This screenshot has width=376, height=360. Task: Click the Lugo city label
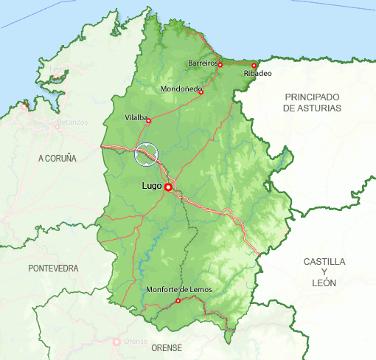pyautogui.click(x=152, y=187)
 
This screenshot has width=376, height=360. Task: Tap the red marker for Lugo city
pyautogui.click(x=168, y=187)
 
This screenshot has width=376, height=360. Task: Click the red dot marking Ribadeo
pyautogui.click(x=254, y=66)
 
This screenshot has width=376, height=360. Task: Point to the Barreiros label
pyautogui.click(x=203, y=64)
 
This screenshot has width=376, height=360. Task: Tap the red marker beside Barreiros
pyautogui.click(x=220, y=65)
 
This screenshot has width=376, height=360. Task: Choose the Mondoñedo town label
pyautogui.click(x=181, y=90)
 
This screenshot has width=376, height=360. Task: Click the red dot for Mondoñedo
pyautogui.click(x=201, y=92)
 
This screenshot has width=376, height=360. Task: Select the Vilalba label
pyautogui.click(x=136, y=117)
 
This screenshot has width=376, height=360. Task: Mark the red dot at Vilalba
pyautogui.click(x=149, y=121)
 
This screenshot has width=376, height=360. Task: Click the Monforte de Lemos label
pyautogui.click(x=179, y=290)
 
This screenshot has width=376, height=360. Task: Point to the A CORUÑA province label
pyautogui.click(x=58, y=159)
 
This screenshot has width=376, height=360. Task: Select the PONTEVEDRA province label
pyautogui.click(x=53, y=269)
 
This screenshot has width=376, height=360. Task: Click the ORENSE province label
pyautogui.click(x=166, y=347)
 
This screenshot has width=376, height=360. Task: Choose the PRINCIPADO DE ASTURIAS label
pyautogui.click(x=313, y=103)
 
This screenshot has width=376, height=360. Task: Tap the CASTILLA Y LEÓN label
pyautogui.click(x=324, y=272)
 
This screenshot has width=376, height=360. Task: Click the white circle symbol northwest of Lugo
pyautogui.click(x=147, y=154)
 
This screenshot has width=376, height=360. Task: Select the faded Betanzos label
pyautogui.click(x=72, y=122)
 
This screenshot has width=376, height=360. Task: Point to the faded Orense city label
pyautogui.click(x=136, y=342)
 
